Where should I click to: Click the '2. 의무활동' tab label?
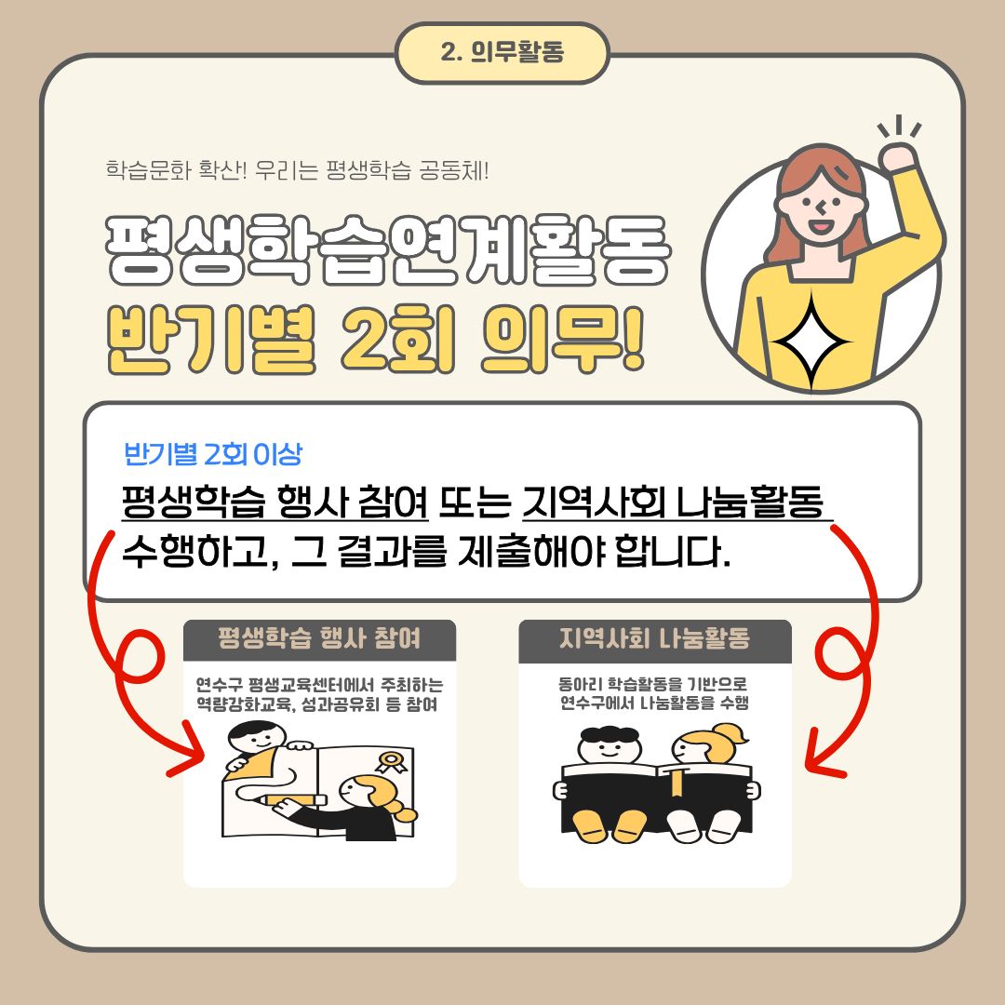point(502,53)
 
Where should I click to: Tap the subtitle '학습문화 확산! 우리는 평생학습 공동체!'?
point(297,171)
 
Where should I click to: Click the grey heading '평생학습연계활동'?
point(386,252)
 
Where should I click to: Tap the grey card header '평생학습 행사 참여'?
point(319,639)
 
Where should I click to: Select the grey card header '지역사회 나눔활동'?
point(655,639)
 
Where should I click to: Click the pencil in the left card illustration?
point(293,799)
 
